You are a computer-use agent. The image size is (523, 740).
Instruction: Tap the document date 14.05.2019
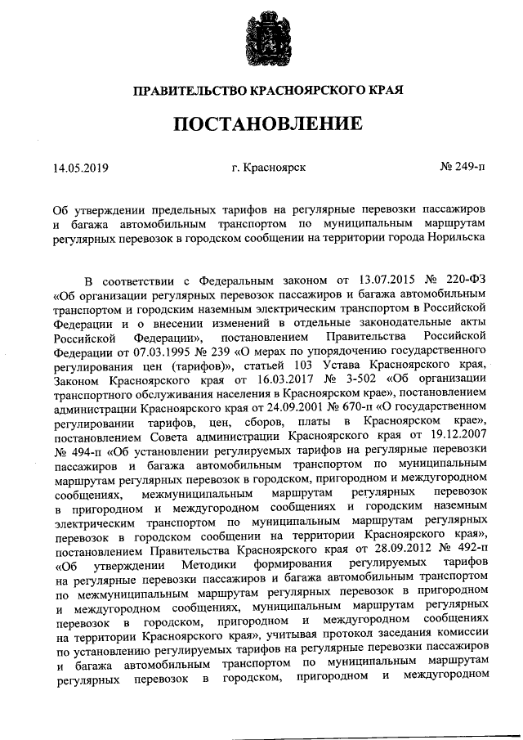point(80,168)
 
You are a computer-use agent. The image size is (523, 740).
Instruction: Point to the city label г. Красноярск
point(269,168)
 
